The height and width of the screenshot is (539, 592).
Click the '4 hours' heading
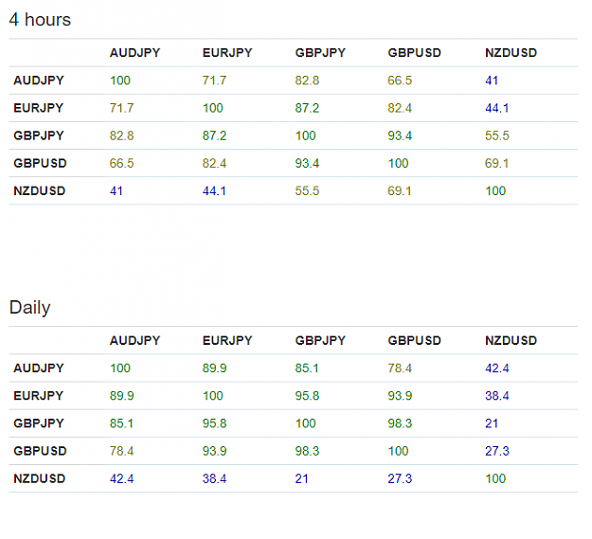(40, 20)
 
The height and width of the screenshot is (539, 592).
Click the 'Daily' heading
(29, 308)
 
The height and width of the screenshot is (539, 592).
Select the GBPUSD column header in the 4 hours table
(414, 53)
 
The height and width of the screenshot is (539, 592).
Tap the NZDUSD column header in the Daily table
(511, 340)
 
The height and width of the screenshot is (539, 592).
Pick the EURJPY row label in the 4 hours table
(39, 108)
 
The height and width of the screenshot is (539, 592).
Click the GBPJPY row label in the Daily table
(39, 423)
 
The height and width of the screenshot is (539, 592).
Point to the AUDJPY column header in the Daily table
(135, 340)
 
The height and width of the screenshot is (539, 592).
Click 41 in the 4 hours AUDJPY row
(492, 81)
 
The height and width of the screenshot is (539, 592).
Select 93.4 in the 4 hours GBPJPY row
(400, 135)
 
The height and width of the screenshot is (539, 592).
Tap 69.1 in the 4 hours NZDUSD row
(400, 190)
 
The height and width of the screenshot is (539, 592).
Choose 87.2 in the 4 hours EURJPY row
(307, 108)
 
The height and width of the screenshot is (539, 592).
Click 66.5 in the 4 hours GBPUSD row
(121, 163)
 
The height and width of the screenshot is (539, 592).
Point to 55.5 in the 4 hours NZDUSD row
(307, 190)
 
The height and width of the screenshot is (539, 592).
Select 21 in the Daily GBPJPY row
(492, 423)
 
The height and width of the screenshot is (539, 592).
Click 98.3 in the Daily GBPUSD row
(307, 451)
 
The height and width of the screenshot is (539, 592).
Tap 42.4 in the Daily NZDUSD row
(121, 478)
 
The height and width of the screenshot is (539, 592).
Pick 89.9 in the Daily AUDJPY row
(214, 368)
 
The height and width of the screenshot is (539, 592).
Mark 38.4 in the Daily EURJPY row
(497, 396)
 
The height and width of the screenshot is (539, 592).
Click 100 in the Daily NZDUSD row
(495, 478)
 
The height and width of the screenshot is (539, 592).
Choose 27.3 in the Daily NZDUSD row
(400, 478)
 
